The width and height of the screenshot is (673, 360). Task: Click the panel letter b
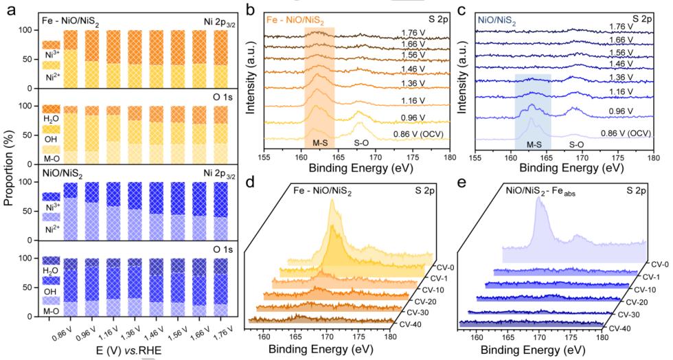pyautogui.click(x=251, y=11)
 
